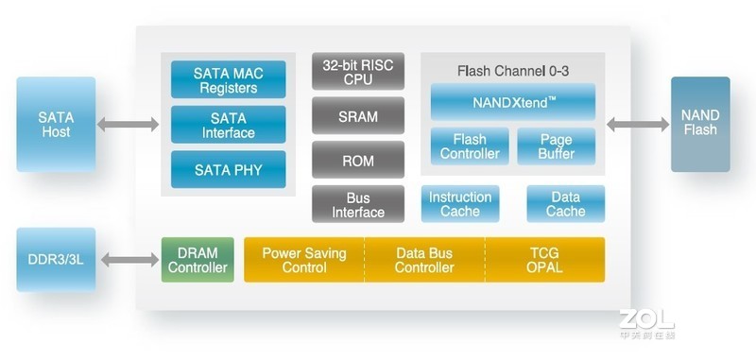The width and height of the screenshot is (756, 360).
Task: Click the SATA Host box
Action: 56,125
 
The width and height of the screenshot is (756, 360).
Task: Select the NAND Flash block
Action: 700,124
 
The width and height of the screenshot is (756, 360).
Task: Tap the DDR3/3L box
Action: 56,260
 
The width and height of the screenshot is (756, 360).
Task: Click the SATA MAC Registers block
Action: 228,80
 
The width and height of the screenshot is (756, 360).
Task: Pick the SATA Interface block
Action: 228,126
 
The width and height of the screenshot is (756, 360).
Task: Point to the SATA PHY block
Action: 228,170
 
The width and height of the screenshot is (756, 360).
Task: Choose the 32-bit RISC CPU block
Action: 358,72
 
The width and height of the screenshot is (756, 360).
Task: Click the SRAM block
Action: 358,117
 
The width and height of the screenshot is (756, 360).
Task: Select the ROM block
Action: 358,161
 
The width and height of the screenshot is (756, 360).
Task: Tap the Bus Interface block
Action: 358,205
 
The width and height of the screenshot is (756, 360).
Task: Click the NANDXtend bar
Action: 513,102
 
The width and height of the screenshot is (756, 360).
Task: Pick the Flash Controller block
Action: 470,146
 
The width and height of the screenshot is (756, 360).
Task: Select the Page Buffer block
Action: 557,146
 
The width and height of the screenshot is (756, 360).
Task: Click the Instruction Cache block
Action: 460,204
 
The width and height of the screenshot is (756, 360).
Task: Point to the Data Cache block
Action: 565,204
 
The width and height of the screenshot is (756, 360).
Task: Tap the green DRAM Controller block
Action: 198,260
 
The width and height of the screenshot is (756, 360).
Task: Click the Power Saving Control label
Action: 304,260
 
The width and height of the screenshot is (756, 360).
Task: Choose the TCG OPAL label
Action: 545,260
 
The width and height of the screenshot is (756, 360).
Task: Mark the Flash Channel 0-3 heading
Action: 513,71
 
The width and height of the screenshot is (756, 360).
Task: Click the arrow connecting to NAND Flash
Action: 638,124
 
